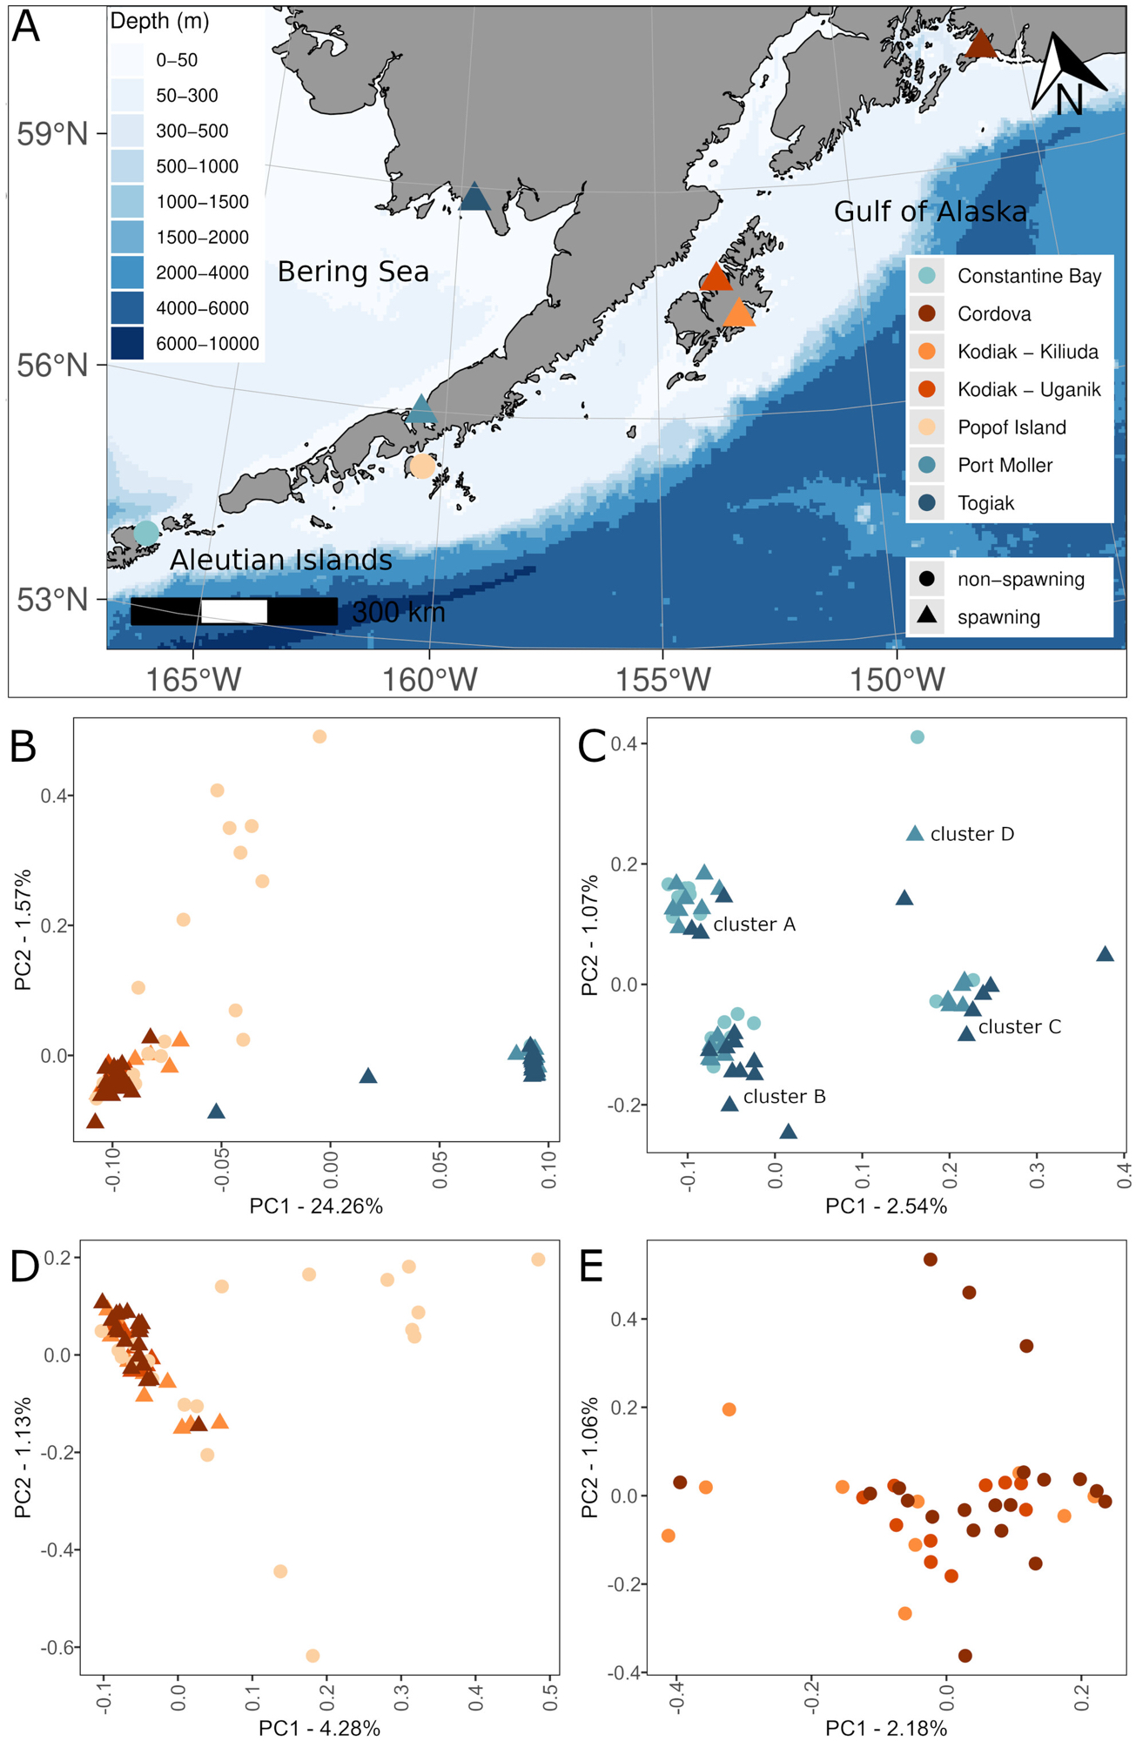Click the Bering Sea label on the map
(353, 272)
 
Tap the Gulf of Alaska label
(930, 212)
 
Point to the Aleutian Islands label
(280, 560)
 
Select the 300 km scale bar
(233, 611)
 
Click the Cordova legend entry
(993, 314)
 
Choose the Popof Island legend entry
(1011, 427)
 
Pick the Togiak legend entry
(985, 503)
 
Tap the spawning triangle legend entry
(998, 617)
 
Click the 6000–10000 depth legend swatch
(127, 344)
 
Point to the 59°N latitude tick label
(52, 135)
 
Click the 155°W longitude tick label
(663, 680)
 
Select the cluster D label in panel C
(971, 834)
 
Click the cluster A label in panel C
(754, 924)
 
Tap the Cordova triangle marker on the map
(981, 44)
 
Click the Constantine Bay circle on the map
(146, 532)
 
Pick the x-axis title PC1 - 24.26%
(316, 1206)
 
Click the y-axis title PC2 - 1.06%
(590, 1457)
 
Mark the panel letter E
(591, 1267)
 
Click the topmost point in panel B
(319, 736)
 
